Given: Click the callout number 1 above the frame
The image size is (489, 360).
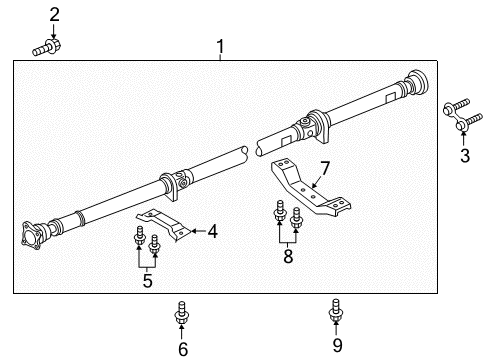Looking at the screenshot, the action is (x=220, y=47).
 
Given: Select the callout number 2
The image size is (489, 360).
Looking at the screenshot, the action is (x=54, y=15).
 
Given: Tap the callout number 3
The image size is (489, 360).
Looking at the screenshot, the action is (x=465, y=155).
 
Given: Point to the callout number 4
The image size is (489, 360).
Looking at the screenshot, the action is (x=212, y=231).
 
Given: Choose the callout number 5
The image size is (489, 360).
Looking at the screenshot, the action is (x=147, y=280).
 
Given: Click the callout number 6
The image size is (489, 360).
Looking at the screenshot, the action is (x=183, y=349).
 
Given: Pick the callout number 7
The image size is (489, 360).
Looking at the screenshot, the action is (x=325, y=168).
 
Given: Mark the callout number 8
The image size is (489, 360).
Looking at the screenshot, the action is (x=288, y=256).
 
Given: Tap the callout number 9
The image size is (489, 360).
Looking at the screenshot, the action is (x=337, y=345).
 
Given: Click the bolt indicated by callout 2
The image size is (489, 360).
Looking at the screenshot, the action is (x=47, y=47).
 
